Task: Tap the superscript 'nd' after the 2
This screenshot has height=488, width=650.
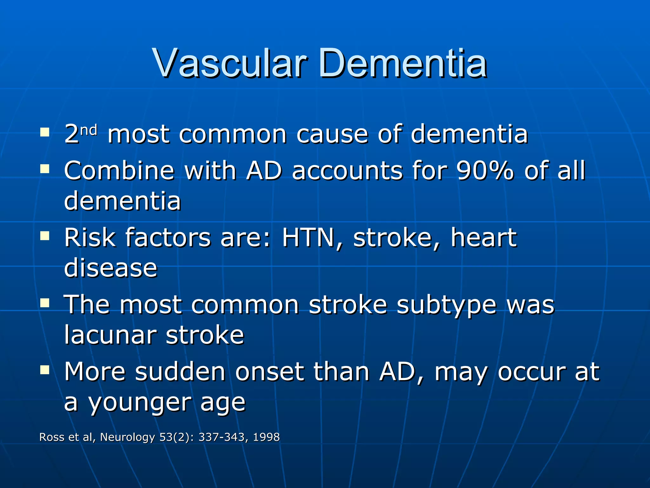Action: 89,130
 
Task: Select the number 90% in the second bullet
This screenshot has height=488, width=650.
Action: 485,171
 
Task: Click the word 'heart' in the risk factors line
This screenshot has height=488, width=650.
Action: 483,237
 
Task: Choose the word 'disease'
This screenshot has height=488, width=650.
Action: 111,268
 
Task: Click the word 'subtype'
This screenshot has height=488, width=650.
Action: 446,305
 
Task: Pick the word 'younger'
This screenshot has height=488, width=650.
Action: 139,403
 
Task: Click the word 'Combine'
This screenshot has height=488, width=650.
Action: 119,171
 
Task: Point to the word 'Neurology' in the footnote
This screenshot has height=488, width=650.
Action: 128,437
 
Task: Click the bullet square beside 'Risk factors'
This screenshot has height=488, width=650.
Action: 45,236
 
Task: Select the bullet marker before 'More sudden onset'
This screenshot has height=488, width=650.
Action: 45,369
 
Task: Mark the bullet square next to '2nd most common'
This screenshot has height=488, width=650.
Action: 45,132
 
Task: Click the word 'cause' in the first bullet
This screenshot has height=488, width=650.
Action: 332,134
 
